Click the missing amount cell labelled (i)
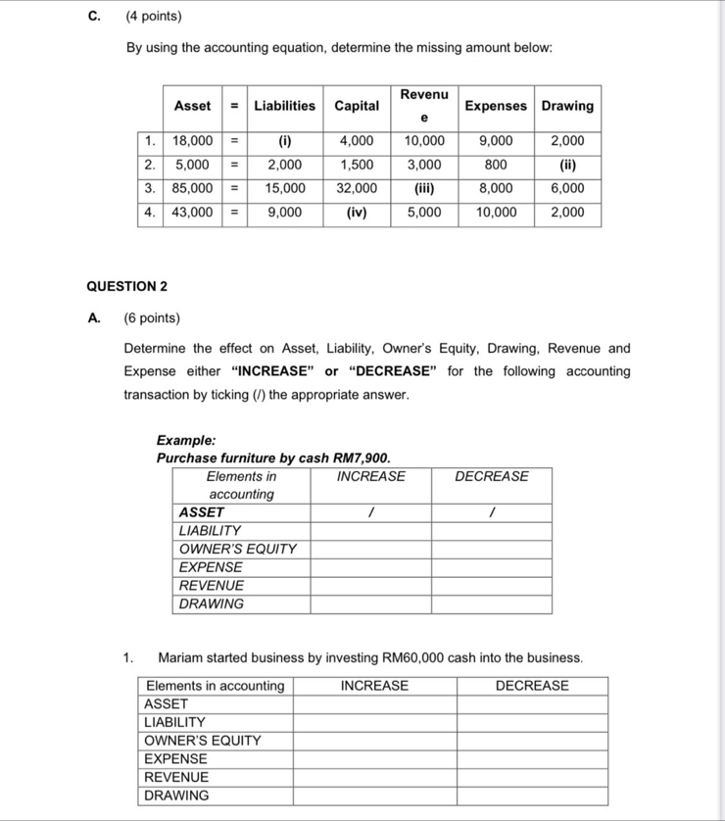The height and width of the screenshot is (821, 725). (285, 141)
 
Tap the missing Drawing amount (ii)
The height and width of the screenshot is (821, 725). (567, 165)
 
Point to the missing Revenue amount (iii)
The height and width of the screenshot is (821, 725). (424, 188)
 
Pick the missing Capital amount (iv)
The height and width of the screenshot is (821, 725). (357, 212)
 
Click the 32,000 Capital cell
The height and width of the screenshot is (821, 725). (357, 188)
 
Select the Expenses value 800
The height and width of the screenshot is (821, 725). (496, 165)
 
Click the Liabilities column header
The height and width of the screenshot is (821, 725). (285, 106)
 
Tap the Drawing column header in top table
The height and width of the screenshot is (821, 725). (567, 106)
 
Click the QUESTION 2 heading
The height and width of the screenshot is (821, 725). (126, 286)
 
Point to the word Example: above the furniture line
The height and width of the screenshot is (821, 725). (186, 441)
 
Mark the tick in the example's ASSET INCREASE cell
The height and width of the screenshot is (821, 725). (370, 512)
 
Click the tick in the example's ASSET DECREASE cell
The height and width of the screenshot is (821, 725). (492, 512)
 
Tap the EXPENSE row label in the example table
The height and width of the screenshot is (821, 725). (211, 567)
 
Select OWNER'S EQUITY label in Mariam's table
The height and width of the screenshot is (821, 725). (203, 741)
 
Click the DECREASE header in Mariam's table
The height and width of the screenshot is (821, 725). (532, 686)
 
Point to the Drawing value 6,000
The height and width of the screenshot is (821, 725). (567, 188)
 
